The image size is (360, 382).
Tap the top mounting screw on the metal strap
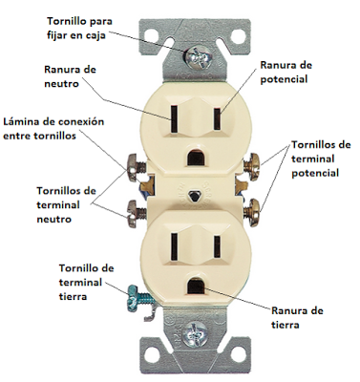(x=200, y=57)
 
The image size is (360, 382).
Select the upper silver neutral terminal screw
(x=137, y=167)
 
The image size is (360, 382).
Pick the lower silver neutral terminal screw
(x=138, y=213)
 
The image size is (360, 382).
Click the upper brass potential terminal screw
(x=251, y=167)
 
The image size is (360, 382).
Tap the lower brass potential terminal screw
(x=251, y=212)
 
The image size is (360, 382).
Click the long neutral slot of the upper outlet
(x=174, y=119)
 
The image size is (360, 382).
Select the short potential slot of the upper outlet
(x=218, y=119)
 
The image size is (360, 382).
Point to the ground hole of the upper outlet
(x=196, y=157)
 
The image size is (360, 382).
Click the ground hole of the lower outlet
(x=196, y=286)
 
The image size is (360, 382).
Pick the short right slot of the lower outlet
(x=218, y=246)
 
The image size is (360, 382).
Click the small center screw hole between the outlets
(x=193, y=197)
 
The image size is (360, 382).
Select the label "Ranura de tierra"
(x=297, y=317)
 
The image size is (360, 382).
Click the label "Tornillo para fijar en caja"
(x=79, y=28)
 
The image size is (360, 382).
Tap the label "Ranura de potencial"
(x=286, y=72)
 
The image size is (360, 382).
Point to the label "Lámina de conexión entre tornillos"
(x=53, y=129)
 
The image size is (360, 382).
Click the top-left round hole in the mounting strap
(x=154, y=36)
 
